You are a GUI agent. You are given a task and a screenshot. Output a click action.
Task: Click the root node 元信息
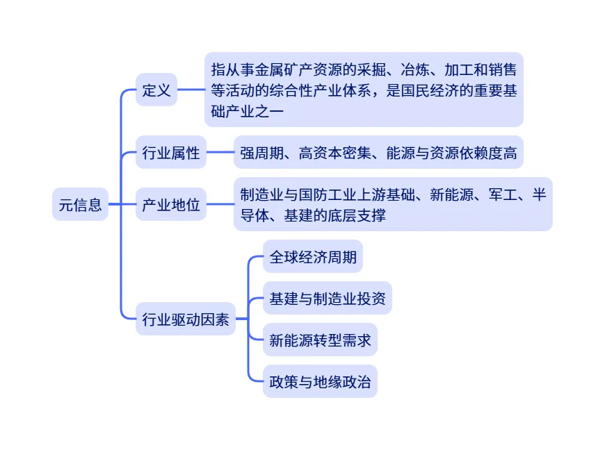coord(81,204)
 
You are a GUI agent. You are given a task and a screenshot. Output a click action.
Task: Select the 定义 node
coord(156,90)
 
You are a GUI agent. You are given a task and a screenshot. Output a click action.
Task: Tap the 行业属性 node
coord(171,152)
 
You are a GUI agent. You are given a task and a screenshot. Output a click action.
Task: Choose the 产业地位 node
coord(171,204)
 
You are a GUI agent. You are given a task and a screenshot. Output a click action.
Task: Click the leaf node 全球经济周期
coord(313,257)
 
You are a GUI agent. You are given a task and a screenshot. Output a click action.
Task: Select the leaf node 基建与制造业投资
coord(327,299)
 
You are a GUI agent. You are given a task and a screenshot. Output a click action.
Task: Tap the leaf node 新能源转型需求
coord(320,340)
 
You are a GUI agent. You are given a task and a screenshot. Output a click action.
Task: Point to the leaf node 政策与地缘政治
coord(320,381)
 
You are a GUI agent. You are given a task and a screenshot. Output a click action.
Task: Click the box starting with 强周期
coord(378,152)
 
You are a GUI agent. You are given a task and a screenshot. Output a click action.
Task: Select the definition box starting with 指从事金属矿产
coord(364,90)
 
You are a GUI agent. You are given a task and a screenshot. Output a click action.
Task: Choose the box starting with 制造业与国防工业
coord(393,204)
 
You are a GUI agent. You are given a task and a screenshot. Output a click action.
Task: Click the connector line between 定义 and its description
coord(191,90)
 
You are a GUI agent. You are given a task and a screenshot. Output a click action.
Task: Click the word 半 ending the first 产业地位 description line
coord(539,194)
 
